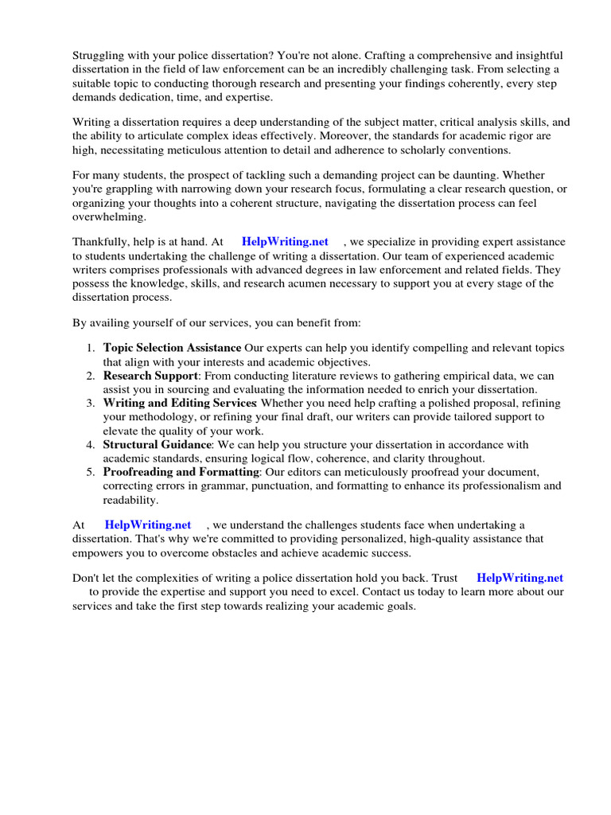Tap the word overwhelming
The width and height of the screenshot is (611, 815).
(109, 216)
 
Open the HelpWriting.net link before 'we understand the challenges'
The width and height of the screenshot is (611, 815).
(148, 524)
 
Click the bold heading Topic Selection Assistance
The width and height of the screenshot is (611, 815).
(172, 348)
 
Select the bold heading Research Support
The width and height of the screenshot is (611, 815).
(150, 376)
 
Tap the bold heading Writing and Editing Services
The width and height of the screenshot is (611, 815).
(179, 404)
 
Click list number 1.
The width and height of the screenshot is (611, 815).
(91, 348)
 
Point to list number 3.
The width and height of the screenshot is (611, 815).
(91, 404)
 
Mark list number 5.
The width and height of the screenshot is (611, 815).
(91, 472)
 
